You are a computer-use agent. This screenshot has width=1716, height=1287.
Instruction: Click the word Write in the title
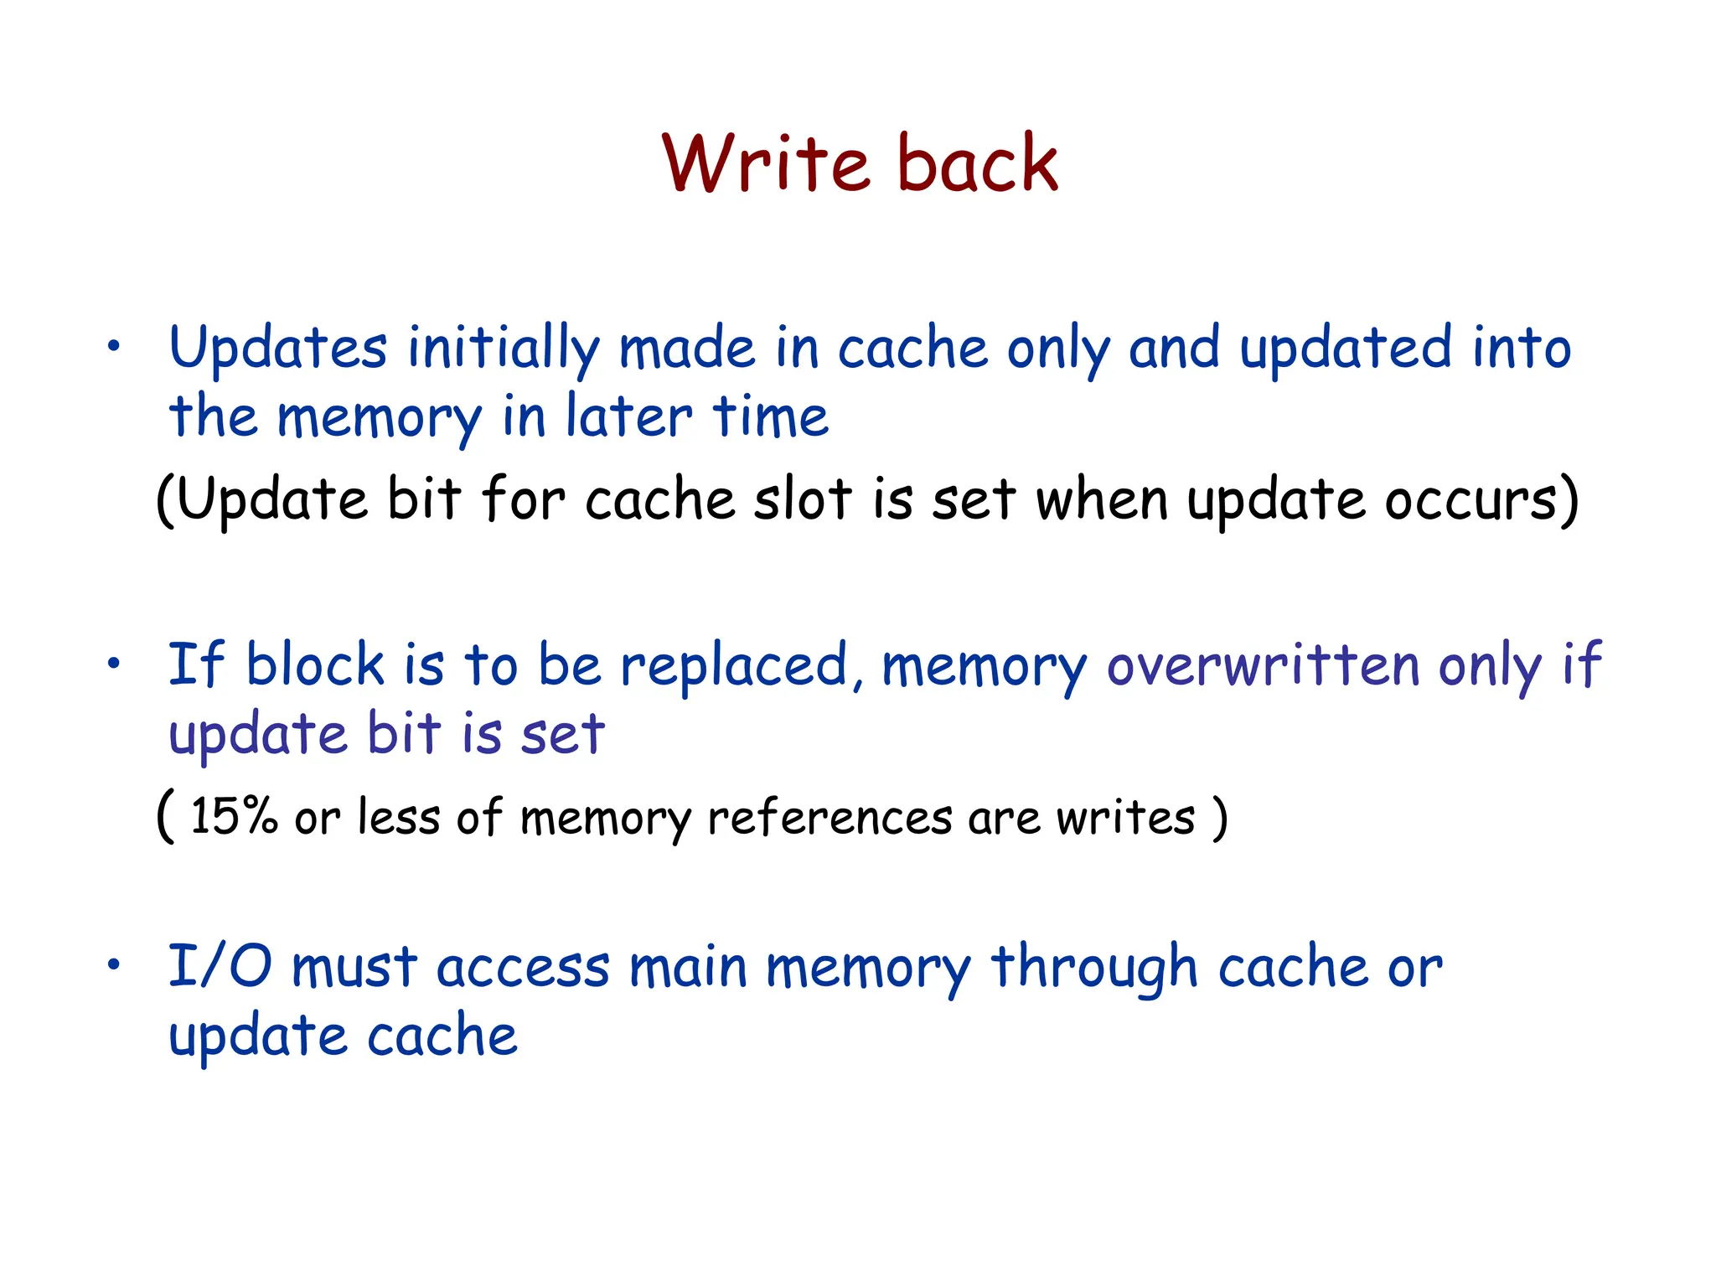click(x=766, y=163)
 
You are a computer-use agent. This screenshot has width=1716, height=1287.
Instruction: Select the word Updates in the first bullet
click(x=278, y=349)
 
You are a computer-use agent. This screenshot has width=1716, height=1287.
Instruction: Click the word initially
click(x=504, y=349)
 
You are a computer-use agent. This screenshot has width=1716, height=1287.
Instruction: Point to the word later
click(x=629, y=416)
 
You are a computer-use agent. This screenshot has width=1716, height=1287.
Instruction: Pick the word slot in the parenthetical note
click(x=802, y=500)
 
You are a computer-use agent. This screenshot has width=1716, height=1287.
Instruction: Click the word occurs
click(x=1479, y=500)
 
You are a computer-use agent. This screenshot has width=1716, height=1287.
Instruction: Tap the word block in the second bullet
click(x=315, y=666)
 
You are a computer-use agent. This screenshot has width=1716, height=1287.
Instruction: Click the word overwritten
click(x=1263, y=666)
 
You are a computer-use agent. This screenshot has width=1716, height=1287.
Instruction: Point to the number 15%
click(x=234, y=816)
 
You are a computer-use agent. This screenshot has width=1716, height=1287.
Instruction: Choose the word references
click(x=830, y=818)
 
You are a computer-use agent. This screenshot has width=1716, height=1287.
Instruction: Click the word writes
click(x=1125, y=818)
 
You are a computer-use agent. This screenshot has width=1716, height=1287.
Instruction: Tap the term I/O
click(x=220, y=967)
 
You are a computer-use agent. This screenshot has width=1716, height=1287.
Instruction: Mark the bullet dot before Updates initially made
click(x=114, y=346)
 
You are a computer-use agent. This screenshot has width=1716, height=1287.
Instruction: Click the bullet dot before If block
click(x=114, y=664)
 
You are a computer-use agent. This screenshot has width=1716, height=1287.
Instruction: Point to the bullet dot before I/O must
click(x=114, y=964)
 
